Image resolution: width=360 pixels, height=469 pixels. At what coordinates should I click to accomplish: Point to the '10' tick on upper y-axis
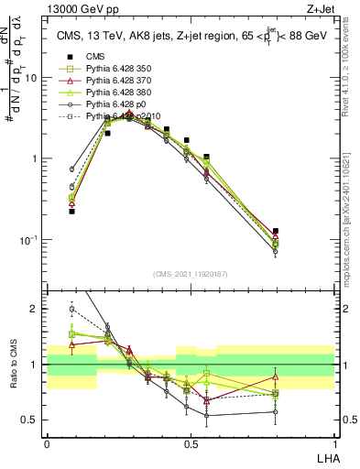pyautogui.click(x=30, y=78)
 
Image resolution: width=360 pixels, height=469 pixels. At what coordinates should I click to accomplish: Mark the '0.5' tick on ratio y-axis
pyautogui.click(x=30, y=420)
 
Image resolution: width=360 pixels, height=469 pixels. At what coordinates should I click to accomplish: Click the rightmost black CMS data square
pyautogui.click(x=276, y=232)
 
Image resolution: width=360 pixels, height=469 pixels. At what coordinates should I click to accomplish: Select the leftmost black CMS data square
pyautogui.click(x=71, y=212)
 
